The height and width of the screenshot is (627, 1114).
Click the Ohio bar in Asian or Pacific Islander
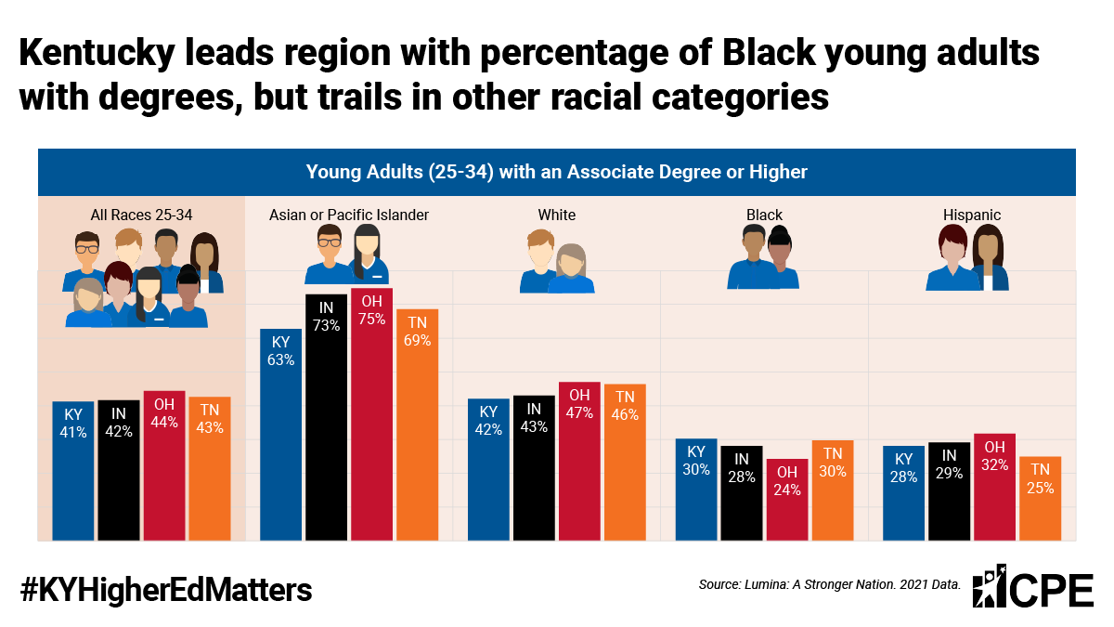coord(371,414)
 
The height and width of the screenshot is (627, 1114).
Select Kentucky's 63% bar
coord(280,435)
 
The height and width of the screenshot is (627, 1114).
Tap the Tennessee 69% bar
coord(417,425)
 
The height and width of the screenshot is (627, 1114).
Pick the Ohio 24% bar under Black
coord(787,500)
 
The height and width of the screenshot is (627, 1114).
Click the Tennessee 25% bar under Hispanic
coord(1040,499)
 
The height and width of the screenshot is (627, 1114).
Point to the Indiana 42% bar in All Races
coord(119,470)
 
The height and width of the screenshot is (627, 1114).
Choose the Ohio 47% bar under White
coord(579,462)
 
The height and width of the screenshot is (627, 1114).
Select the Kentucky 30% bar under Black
coord(696,490)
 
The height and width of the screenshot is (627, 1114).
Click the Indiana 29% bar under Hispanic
coord(949,491)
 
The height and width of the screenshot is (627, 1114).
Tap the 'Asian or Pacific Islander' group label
coord(349,215)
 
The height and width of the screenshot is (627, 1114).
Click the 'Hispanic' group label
coord(972,215)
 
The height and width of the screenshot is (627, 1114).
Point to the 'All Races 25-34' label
coord(141,215)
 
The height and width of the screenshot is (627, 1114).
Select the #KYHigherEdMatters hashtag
coord(166,590)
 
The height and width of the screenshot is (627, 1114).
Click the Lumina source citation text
coord(830,584)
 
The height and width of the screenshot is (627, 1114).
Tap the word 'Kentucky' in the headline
coord(97,53)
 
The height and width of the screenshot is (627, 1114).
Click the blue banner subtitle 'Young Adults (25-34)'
coord(400,172)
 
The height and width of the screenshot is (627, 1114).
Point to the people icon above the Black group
coord(763,256)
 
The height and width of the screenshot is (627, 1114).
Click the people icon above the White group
coord(557,261)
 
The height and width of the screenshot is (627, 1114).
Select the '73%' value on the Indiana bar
coord(326,325)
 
